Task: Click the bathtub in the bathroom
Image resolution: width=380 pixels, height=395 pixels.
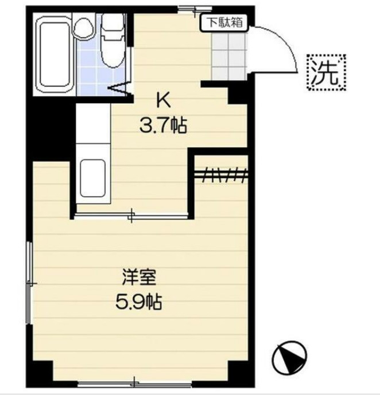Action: coord(53,56)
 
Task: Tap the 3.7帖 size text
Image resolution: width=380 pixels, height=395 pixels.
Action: coord(163,125)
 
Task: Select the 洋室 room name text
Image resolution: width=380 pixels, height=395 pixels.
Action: coord(138,277)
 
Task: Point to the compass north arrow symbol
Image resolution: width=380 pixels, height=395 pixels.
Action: coord(289,357)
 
